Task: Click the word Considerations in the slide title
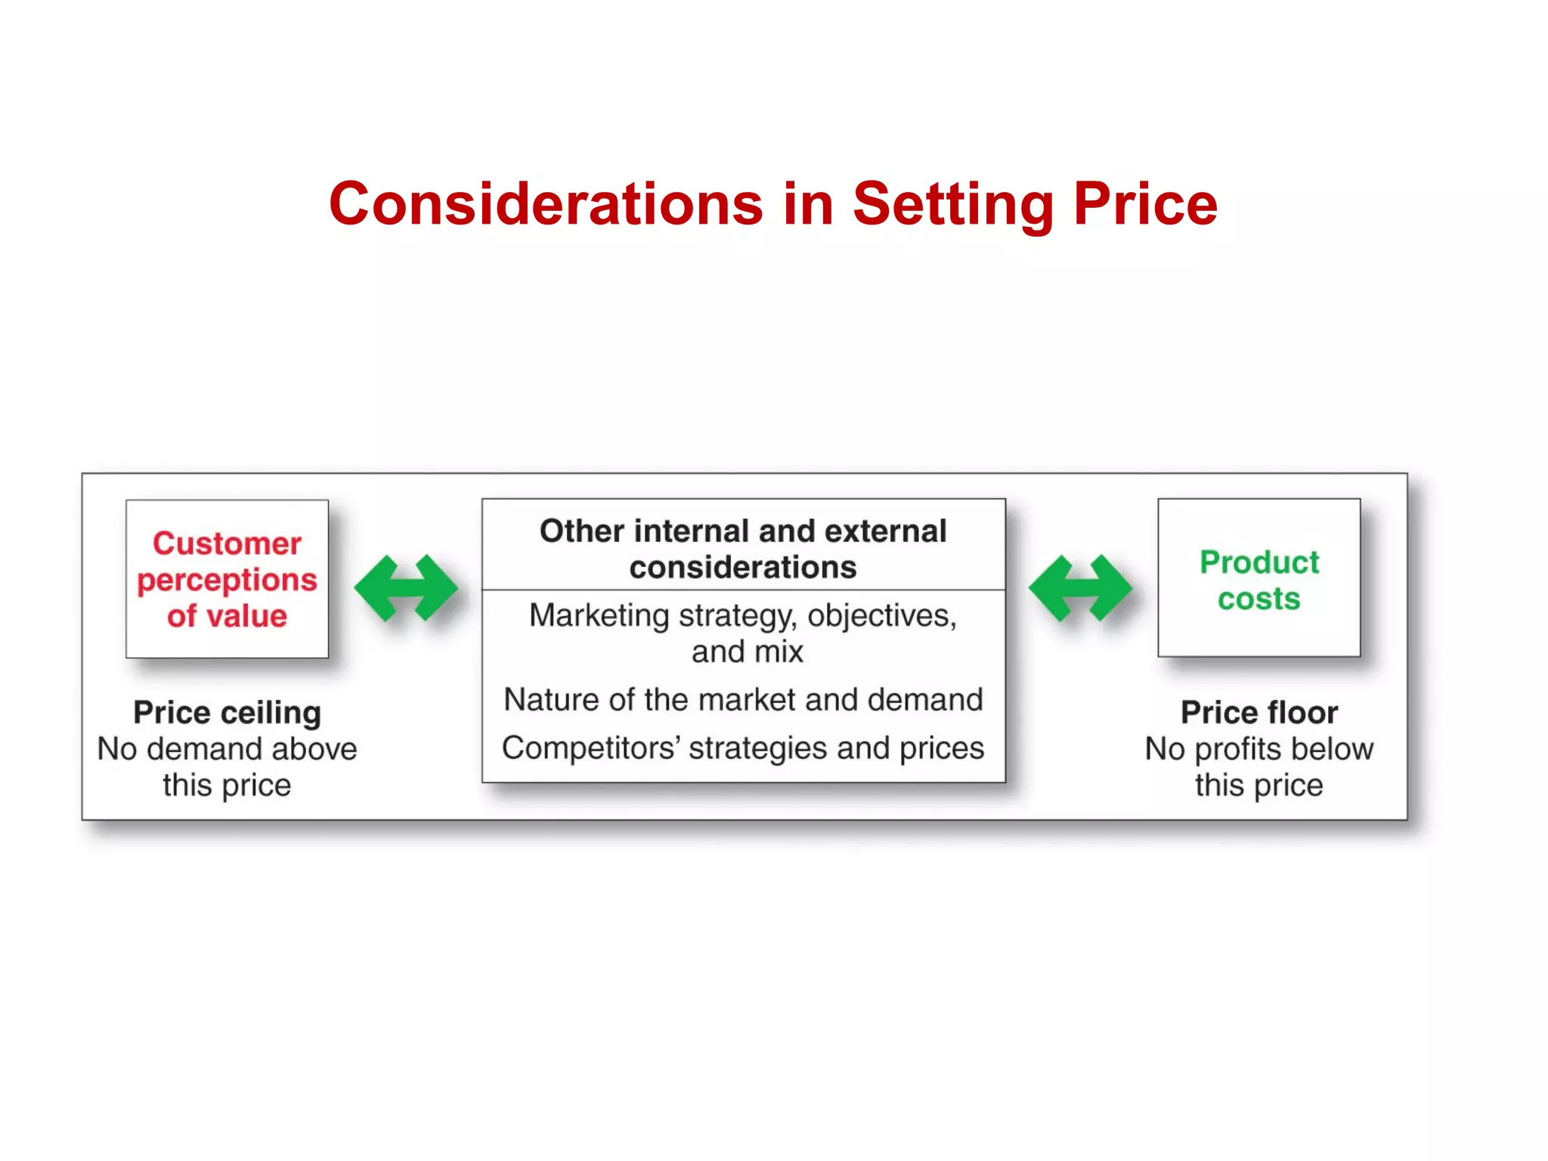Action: point(546,205)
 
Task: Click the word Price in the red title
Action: point(1145,205)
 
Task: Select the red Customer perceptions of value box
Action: point(227,578)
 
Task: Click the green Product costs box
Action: point(1259,578)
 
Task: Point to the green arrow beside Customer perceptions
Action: point(406,588)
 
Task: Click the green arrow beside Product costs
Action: point(1080,588)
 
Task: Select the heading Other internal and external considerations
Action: point(743,548)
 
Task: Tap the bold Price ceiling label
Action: point(227,713)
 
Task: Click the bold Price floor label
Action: point(1259,713)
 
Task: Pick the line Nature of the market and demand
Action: point(743,700)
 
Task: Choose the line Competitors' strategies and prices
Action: point(743,748)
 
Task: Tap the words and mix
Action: point(747,652)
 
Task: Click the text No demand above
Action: point(227,749)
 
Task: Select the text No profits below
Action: point(1259,749)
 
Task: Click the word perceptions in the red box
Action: point(227,580)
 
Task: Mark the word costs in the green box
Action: point(1259,599)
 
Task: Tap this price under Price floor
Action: point(1259,785)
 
